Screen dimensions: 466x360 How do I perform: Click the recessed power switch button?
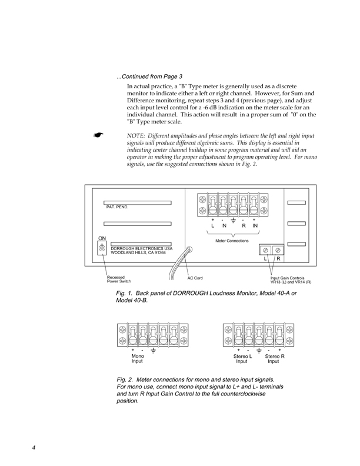(x=102, y=248)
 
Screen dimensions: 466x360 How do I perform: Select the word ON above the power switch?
(x=102, y=238)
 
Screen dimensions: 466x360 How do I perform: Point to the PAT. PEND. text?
(x=117, y=207)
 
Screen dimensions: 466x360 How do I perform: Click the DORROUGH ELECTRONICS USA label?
(x=139, y=248)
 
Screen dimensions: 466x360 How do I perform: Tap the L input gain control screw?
(x=265, y=249)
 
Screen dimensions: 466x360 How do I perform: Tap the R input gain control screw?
(x=278, y=249)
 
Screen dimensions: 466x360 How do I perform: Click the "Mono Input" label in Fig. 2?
(x=138, y=358)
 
